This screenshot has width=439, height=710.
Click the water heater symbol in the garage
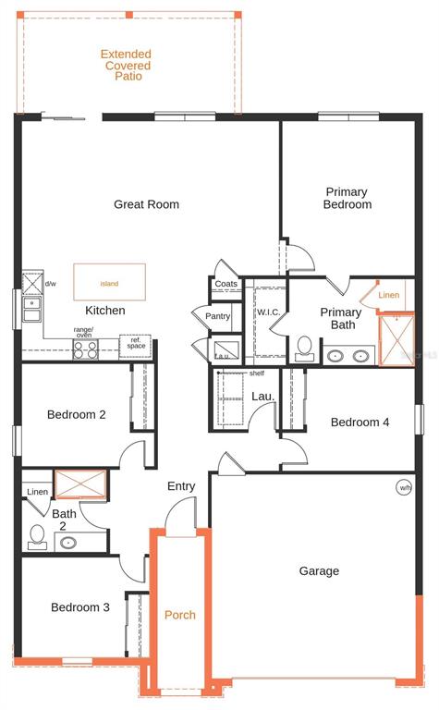point(404,488)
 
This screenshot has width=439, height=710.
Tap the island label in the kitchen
point(109,284)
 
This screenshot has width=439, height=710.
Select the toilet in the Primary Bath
point(305,349)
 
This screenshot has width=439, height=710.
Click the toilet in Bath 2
point(37,537)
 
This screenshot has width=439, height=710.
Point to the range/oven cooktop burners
point(86,349)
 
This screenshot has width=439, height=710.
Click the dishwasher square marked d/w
point(32,284)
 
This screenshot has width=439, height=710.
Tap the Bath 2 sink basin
point(68,542)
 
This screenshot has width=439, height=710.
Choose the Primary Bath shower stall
point(396,339)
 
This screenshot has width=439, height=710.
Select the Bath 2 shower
point(80,484)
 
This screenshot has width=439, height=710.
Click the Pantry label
point(218,316)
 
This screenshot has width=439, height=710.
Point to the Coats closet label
point(226,284)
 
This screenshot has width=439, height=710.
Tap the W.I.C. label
point(268,312)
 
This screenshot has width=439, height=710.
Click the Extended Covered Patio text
point(126,65)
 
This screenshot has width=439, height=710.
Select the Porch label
point(180,615)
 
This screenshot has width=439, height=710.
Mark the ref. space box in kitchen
point(135,346)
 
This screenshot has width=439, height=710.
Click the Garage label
point(319,571)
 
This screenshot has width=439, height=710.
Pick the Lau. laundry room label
point(263,397)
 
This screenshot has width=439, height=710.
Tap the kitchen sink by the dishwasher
point(32,310)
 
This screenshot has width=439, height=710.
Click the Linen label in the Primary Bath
point(389,295)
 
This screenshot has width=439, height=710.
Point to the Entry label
point(181,486)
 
